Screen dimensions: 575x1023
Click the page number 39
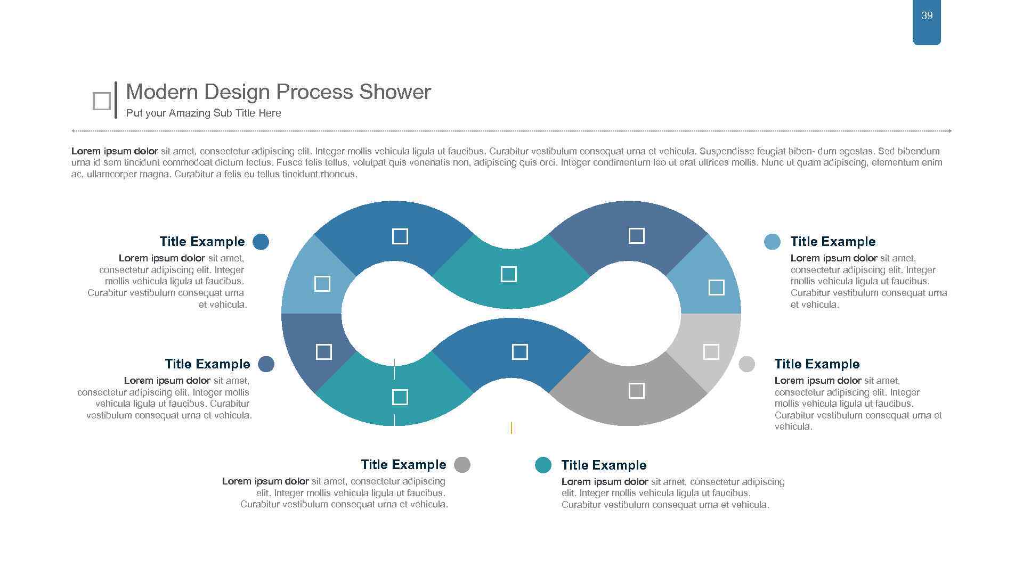click(x=927, y=16)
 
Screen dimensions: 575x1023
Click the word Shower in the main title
click(x=395, y=92)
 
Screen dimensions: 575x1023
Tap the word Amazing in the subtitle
click(x=190, y=113)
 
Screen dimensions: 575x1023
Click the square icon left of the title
click(x=101, y=101)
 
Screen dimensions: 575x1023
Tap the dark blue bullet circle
click(x=261, y=242)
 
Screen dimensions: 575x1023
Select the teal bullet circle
click(x=543, y=465)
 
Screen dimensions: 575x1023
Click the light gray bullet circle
click(x=746, y=364)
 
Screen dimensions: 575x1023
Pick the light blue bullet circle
click(x=772, y=242)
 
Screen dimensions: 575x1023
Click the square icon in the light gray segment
click(x=711, y=352)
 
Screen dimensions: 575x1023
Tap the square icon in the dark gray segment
click(x=636, y=391)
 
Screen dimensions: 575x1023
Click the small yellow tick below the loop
click(x=511, y=428)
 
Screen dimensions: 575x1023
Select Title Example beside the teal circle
click(x=604, y=465)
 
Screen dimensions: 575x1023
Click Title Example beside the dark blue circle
click(x=202, y=242)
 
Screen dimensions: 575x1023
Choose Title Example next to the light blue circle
click(x=833, y=242)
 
